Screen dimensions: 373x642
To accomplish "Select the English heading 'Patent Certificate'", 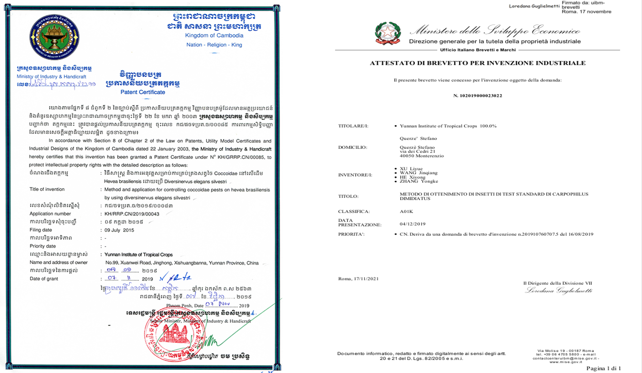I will pos(143,92).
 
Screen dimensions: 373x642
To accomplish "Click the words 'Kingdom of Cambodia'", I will pos(214,35).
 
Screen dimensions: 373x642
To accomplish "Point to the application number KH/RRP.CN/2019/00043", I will pos(132,214).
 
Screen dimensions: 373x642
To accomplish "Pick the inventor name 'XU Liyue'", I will pos(411,169).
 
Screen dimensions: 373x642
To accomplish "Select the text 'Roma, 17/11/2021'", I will pos(358,279).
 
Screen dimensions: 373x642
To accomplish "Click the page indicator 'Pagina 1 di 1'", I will pos(603,368).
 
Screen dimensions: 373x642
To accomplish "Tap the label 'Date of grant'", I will pos(44,279).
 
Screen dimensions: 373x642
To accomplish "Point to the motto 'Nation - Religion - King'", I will pos(214,45).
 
